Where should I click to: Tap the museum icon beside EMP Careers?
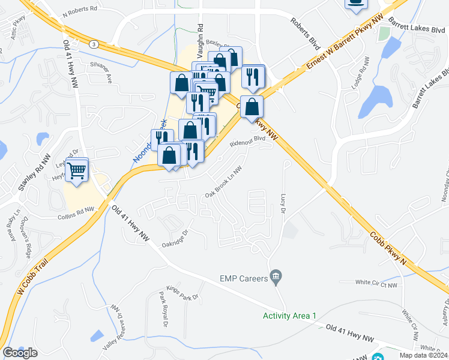(276, 277)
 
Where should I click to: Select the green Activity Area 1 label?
(289, 316)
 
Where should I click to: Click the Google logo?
(20, 353)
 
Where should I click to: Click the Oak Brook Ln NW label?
(223, 182)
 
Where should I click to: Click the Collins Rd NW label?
(76, 213)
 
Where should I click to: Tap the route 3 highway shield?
(94, 44)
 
